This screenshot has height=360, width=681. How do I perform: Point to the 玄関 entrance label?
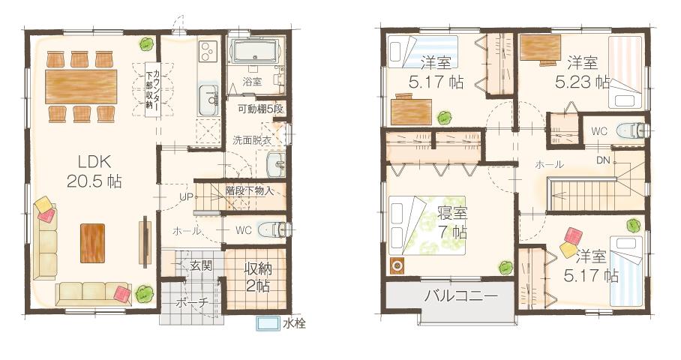(x=200, y=265)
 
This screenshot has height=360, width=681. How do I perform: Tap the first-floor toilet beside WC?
(x=270, y=230)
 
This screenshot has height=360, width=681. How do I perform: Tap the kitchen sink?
(x=207, y=98)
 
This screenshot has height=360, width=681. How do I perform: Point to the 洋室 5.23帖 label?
(x=582, y=72)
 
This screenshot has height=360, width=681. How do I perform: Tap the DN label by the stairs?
(x=603, y=160)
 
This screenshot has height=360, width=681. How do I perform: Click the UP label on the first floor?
(x=187, y=196)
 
